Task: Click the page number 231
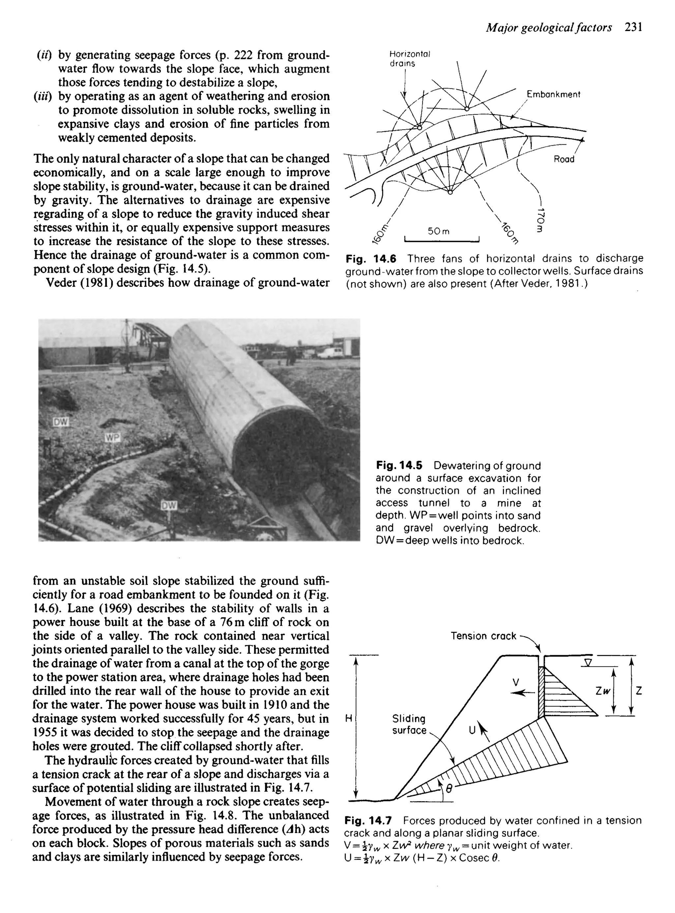pos(633,27)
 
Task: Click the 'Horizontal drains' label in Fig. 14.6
pos(403,59)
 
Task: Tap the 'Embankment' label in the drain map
pos(553,94)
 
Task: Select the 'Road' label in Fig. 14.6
pos(564,159)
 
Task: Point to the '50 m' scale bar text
pos(438,232)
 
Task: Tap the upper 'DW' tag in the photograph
pos(61,422)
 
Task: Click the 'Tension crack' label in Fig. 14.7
pos(484,636)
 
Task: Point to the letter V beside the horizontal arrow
pos(516,682)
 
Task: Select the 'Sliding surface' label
pos(409,724)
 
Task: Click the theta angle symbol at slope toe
pos(448,790)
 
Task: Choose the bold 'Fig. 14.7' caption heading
pos(368,820)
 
